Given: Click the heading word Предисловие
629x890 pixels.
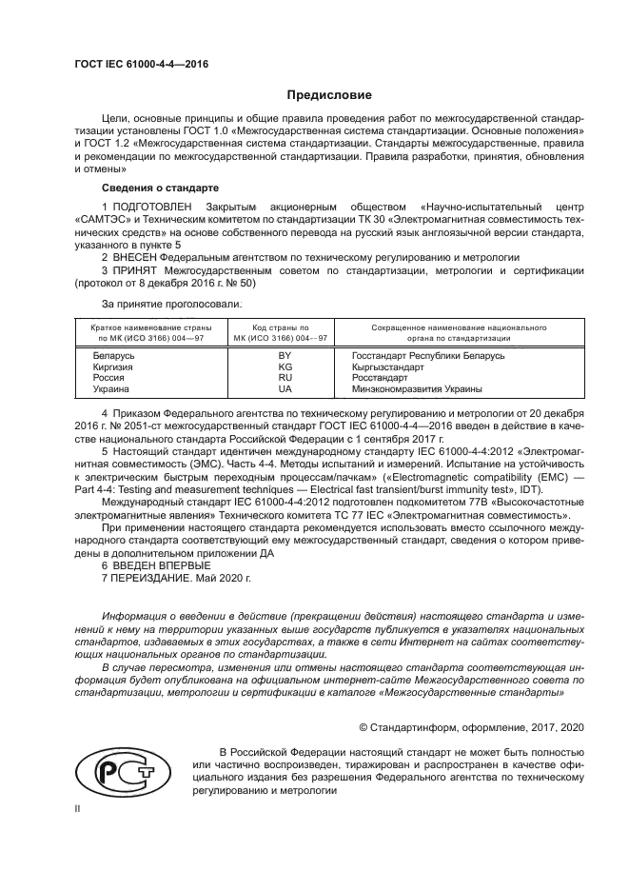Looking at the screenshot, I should tap(329, 95).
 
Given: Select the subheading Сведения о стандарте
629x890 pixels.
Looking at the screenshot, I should tap(161, 188).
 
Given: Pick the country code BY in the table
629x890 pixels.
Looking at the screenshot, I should tap(284, 356).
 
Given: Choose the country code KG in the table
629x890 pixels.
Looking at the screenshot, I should tap(284, 367).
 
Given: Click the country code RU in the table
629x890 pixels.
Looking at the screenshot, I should tap(284, 378).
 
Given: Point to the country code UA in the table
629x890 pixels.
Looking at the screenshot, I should tap(284, 389).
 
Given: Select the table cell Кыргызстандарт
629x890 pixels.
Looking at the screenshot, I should tap(377, 367).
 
